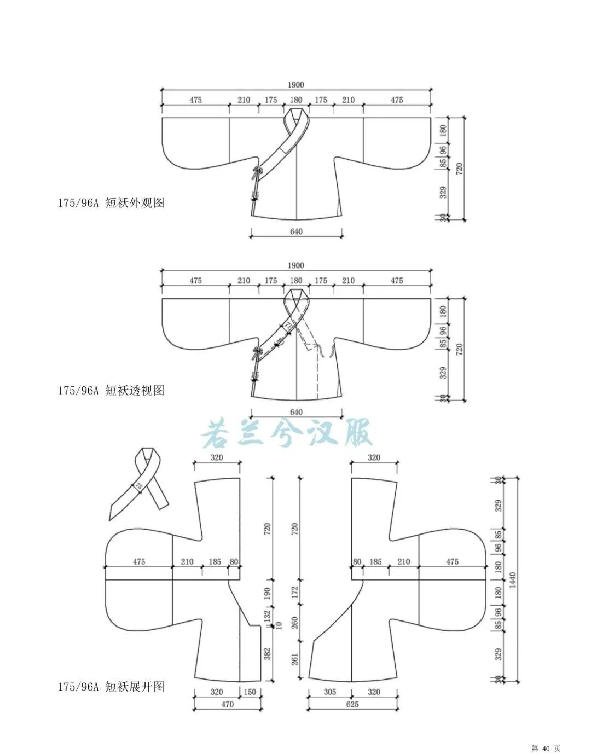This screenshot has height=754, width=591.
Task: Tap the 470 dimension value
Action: coord(227,704)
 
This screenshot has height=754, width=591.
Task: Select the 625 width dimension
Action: coord(352,704)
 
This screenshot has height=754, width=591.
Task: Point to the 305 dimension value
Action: coord(330,692)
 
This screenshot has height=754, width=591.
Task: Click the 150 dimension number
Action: coord(250,692)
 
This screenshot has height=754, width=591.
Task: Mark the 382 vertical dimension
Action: coord(268,653)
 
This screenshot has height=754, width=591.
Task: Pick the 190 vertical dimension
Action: coord(268,594)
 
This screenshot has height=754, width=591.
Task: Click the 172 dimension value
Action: coord(295,591)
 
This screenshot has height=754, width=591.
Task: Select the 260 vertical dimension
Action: coord(295,623)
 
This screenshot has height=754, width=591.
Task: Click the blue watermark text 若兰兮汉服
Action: coord(287,433)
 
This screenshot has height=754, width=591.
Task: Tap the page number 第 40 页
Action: coord(546,748)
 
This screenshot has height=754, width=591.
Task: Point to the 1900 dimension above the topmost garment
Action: coord(296,85)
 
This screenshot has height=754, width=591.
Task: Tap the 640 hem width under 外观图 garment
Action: coord(296,231)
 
